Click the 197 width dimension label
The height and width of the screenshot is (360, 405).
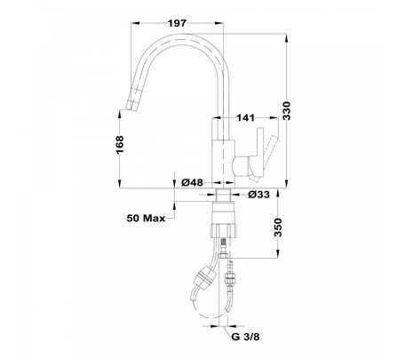point(177,23)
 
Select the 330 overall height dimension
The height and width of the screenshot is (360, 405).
point(286,111)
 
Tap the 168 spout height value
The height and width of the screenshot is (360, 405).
point(120,145)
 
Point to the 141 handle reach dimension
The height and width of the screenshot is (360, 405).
point(245,117)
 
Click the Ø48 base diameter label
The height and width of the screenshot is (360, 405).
point(192,182)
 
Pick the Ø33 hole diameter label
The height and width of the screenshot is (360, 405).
point(258,195)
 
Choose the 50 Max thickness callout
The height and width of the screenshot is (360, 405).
point(146,219)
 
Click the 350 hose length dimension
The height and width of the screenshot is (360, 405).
point(278,228)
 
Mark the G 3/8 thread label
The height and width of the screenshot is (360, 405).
point(245,337)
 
